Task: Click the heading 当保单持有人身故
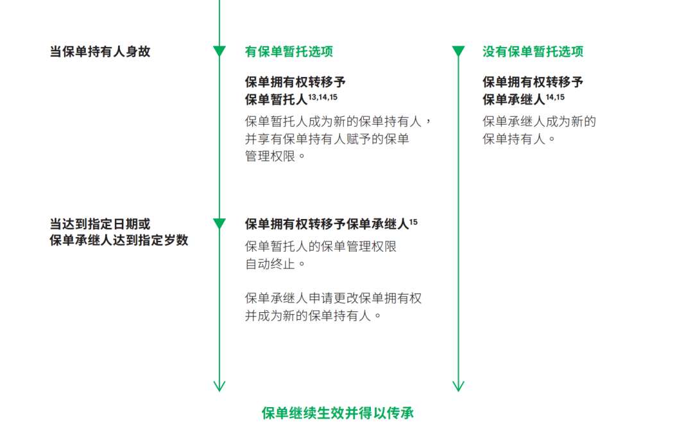coord(100,51)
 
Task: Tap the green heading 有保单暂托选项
coord(289,51)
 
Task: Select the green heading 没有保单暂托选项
coord(533,51)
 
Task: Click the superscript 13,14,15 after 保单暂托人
coord(323,97)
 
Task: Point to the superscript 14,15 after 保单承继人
coord(555,97)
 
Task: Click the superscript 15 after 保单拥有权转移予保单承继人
coord(413,222)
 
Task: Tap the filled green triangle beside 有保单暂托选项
coord(219,51)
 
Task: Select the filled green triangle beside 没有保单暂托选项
coord(458,51)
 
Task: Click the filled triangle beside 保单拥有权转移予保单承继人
coord(219,223)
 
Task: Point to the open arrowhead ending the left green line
coord(219,387)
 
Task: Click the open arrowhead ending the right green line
coord(458,387)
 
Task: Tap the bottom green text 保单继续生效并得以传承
coord(338,413)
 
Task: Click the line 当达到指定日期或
coord(100,224)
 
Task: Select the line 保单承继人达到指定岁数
coord(119,240)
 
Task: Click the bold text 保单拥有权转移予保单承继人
coord(327,224)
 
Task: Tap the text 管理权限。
coord(275,156)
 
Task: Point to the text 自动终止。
coord(275,264)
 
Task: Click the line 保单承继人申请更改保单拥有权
coord(333,298)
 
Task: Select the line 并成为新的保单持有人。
coord(313,315)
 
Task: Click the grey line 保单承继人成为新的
coord(539,121)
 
